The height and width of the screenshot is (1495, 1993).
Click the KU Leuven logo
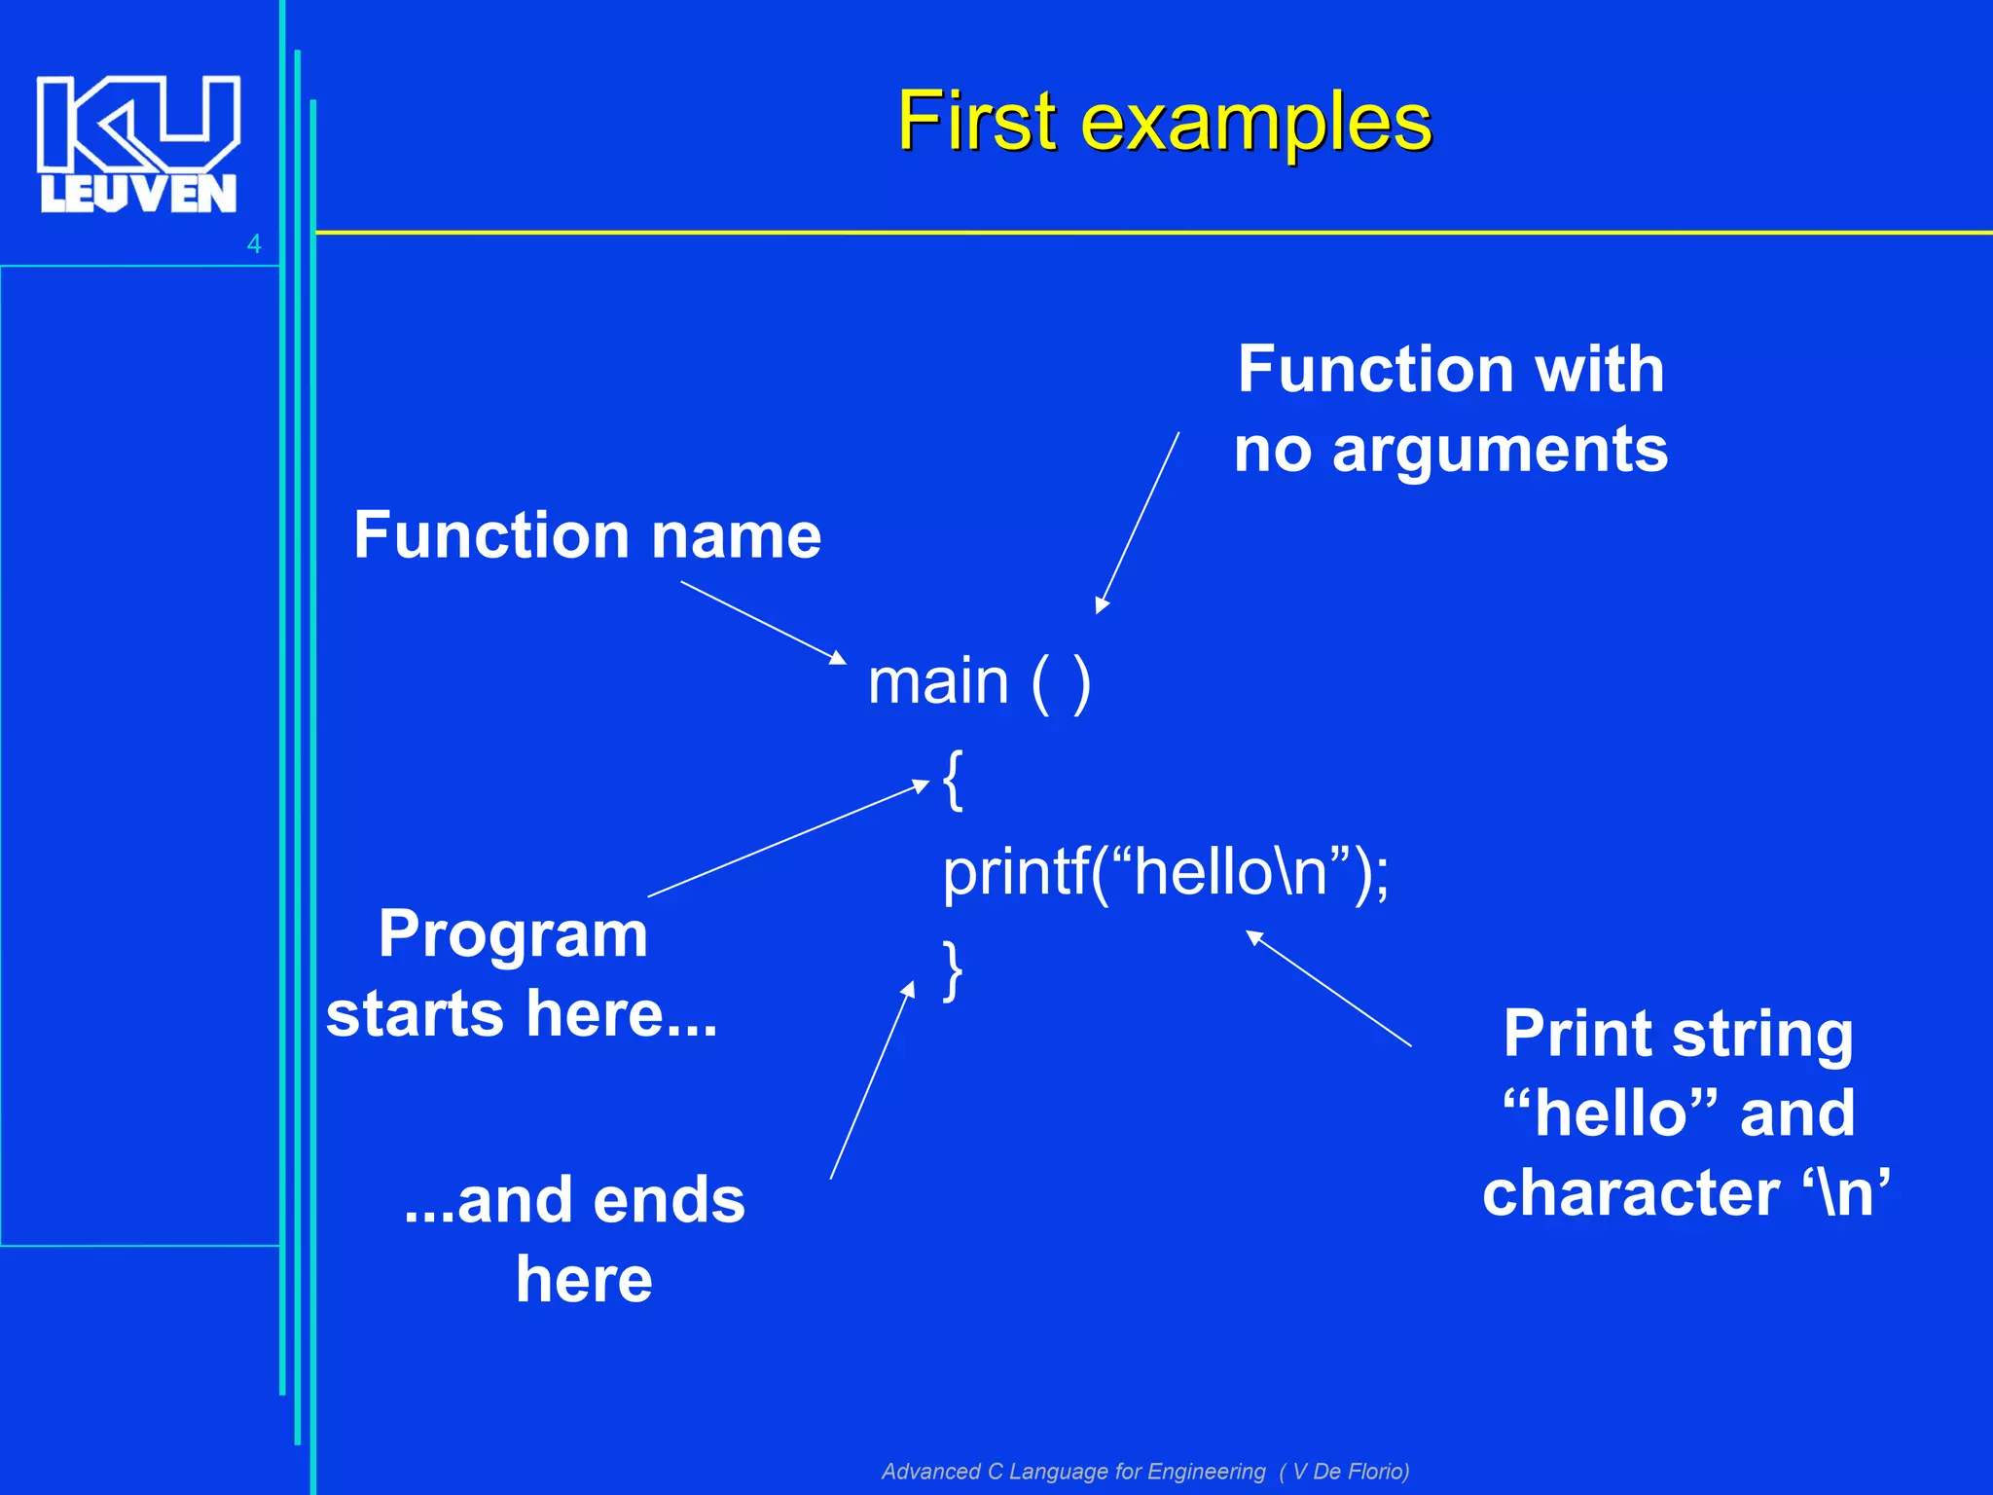pos(138,144)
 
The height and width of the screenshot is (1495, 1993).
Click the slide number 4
pos(254,244)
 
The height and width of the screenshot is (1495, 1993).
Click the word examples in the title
pos(1256,125)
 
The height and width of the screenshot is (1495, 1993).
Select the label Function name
pos(587,536)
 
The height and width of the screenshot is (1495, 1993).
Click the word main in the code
pos(938,681)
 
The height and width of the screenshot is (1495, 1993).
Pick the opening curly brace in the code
pos(953,780)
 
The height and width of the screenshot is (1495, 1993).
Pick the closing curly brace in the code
pos(953,969)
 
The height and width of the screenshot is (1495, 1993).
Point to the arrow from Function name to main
pos(763,623)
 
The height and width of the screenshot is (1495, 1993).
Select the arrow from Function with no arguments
pos(1138,523)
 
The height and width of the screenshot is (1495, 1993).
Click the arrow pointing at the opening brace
pos(788,838)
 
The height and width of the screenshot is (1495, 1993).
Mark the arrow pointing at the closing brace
pos(872,1080)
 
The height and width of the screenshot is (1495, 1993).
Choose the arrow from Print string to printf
pos(1328,988)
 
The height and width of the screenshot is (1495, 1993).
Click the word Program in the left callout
pos(513,935)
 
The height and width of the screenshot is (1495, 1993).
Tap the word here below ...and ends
pos(584,1280)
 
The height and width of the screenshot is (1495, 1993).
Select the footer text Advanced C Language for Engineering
pos(1073,1471)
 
